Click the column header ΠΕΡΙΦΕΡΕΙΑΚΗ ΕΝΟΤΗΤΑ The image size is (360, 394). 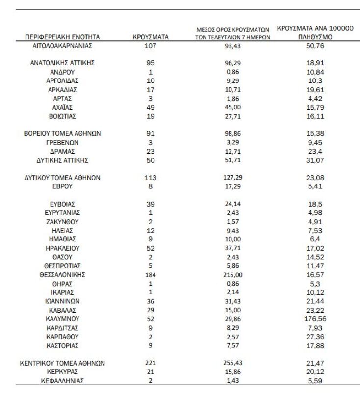[x=62, y=37]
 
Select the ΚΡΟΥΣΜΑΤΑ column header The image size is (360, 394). [x=151, y=37]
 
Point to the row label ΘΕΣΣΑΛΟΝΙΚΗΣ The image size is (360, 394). [x=62, y=274]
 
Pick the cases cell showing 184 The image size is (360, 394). [x=151, y=274]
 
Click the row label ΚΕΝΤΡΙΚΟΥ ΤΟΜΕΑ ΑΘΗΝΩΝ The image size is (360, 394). [x=62, y=363]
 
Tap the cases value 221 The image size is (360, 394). [x=151, y=363]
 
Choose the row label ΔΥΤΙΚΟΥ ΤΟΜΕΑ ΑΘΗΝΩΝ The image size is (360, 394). [x=62, y=178]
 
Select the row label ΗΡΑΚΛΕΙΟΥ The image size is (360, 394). [x=62, y=248]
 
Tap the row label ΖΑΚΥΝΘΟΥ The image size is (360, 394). [x=62, y=221]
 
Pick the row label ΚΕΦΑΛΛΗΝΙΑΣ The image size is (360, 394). [x=62, y=380]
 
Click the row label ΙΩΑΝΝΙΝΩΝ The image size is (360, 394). [x=62, y=301]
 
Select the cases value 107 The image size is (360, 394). [x=151, y=46]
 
